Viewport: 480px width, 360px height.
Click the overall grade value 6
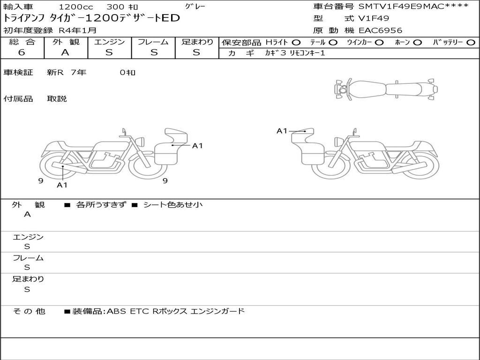click(22, 52)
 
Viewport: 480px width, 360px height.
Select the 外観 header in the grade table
click(66, 42)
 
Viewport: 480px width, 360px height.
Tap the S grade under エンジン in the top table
click(109, 52)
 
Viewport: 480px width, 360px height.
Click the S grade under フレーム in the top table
click(154, 52)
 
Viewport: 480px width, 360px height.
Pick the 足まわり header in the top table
click(197, 42)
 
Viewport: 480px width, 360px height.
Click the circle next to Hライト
click(296, 43)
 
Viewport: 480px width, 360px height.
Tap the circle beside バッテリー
click(471, 43)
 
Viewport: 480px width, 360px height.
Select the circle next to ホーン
click(417, 43)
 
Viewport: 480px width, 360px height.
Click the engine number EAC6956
click(381, 30)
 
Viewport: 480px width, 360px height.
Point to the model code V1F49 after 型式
click(374, 18)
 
